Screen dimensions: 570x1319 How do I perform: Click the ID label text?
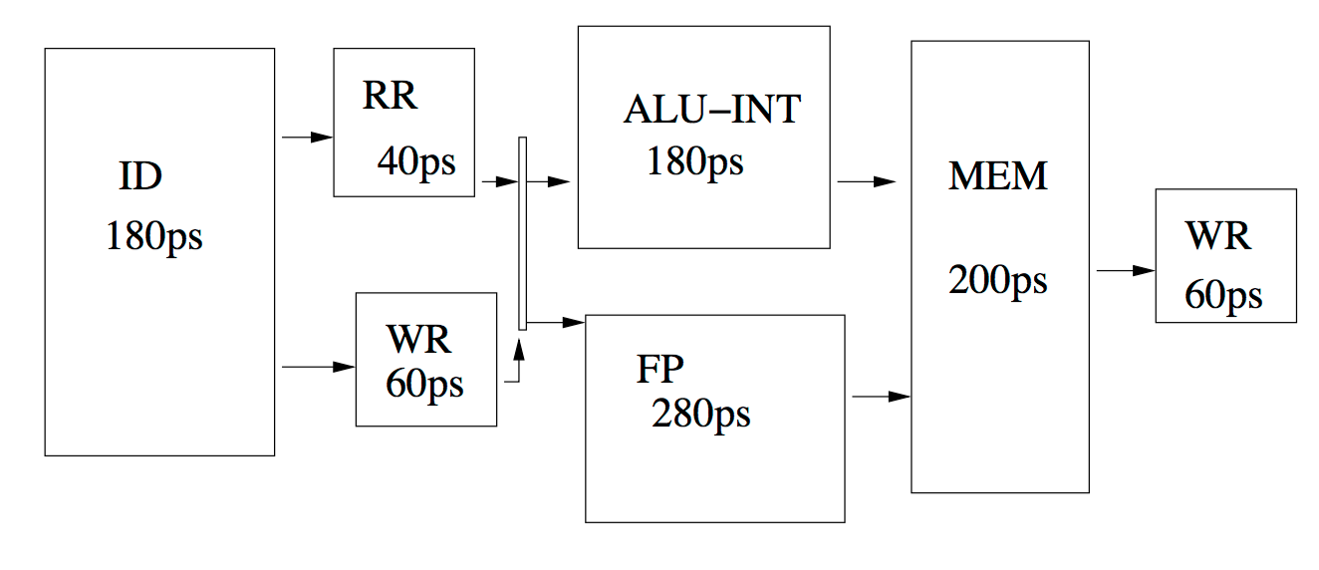[x=140, y=177]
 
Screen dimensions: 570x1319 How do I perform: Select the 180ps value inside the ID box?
[x=154, y=237]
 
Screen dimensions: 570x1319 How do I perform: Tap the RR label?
[x=390, y=96]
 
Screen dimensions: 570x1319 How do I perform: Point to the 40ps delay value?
[x=416, y=160]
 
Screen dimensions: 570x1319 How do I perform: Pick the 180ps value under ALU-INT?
[x=695, y=161]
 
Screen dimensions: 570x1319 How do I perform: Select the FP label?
[x=660, y=370]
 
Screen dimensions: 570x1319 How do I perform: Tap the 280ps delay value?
[x=701, y=414]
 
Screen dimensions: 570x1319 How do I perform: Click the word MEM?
[x=998, y=177]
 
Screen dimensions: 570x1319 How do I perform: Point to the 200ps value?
[x=998, y=280]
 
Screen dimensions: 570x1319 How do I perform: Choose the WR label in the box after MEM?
[x=1217, y=237]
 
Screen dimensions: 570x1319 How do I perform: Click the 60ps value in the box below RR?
[x=425, y=384]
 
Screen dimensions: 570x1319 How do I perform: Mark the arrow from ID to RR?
[x=307, y=138]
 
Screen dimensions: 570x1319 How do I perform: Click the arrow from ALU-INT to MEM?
[x=867, y=182]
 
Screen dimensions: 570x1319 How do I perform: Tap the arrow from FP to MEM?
[x=882, y=397]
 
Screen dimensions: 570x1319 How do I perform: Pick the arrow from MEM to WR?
[x=1126, y=270]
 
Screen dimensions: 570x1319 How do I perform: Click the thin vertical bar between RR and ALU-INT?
[x=522, y=234]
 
